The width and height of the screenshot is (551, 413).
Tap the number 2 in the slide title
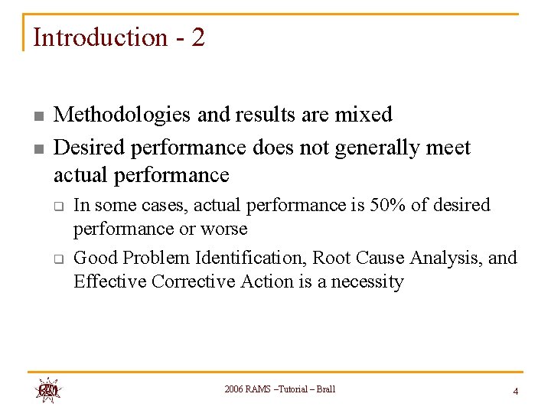tap(198, 37)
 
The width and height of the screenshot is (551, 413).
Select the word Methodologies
tap(123, 115)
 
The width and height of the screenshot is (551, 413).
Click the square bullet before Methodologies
tap(37, 116)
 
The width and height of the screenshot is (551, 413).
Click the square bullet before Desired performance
tap(37, 148)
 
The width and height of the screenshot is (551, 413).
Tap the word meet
tap(445, 147)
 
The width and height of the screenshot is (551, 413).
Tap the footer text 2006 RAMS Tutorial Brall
tap(279, 389)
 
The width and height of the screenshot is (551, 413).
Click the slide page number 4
tap(515, 391)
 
